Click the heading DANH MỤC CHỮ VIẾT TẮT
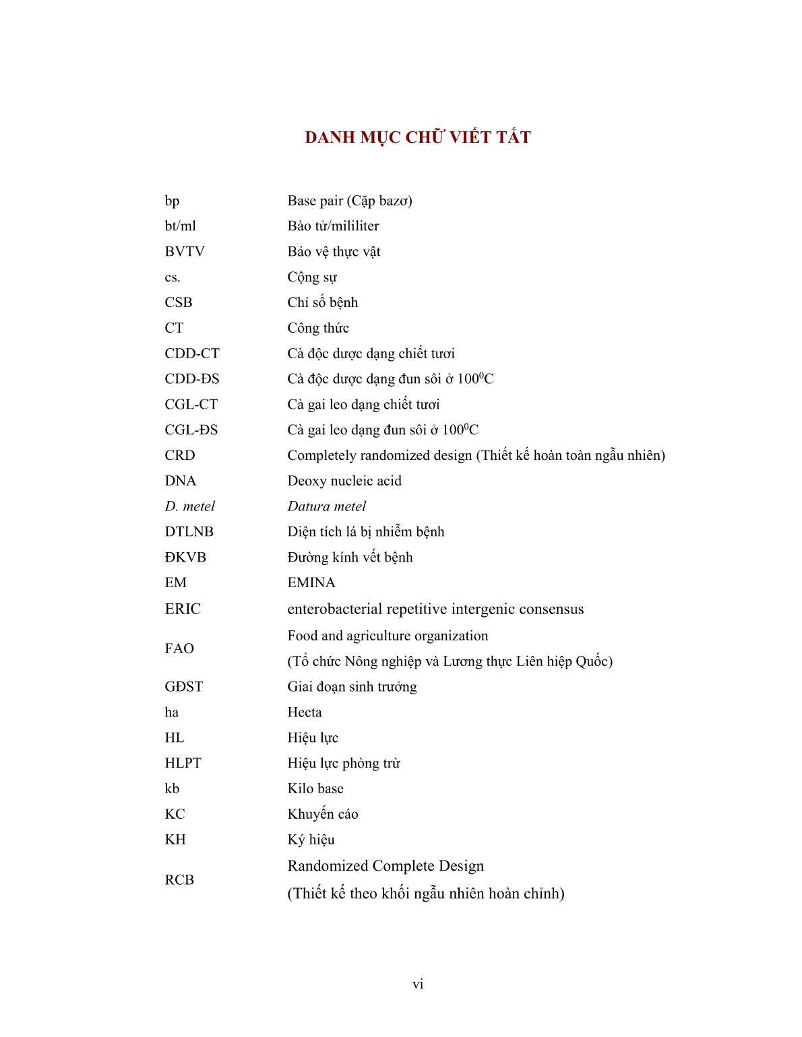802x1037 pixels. coord(418,137)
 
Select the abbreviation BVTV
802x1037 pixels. coord(185,252)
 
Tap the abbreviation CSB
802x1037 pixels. coord(179,303)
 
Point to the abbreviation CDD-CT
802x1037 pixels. coord(192,354)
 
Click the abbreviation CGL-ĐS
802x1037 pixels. coord(191,430)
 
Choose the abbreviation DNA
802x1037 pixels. coord(180,481)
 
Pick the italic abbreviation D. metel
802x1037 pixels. coord(189,506)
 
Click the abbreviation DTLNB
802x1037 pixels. coord(189,532)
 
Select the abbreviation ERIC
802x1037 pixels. coord(183,609)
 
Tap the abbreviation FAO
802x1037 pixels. coord(179,648)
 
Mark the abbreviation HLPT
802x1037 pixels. coord(183,763)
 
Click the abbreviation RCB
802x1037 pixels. coord(179,880)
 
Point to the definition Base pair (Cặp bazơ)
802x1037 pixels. coord(350,201)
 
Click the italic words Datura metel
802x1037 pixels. coord(327,506)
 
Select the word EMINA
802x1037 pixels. coord(311,583)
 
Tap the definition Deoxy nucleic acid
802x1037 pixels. coord(344,481)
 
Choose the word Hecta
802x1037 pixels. coord(305,712)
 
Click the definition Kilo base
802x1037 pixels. coord(315,789)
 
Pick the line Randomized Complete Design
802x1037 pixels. coord(385,866)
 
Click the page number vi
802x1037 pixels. coord(418,984)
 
